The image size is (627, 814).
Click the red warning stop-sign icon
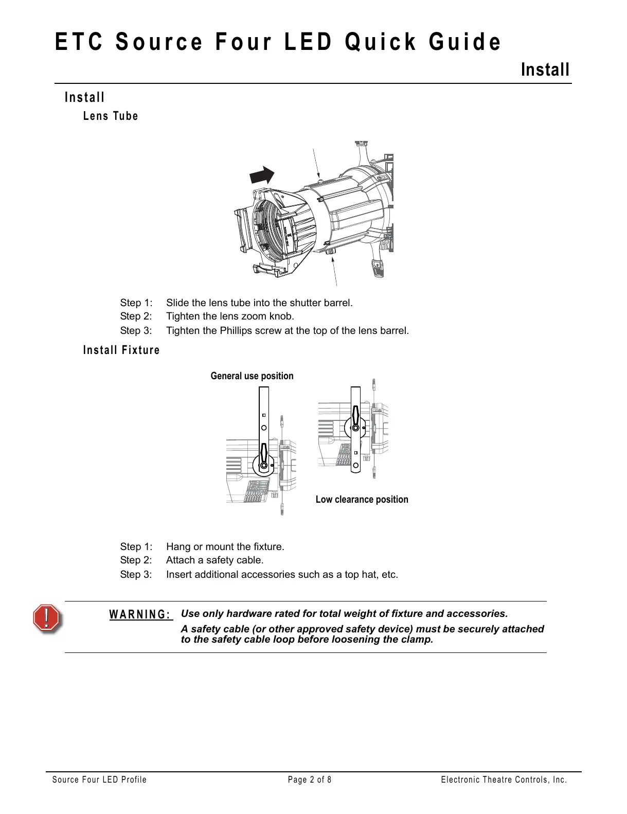[x=47, y=617]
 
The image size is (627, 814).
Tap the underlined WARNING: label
[x=140, y=615]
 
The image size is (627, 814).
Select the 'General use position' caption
[x=252, y=376]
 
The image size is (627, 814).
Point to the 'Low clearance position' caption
[x=362, y=500]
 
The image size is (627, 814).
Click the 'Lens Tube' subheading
[x=111, y=116]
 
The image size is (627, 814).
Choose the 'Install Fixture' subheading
[x=121, y=350]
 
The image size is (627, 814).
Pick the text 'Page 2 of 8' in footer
[x=310, y=780]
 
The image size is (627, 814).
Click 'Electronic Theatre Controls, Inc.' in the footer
[x=504, y=780]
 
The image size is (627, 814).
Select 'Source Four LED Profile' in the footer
[x=99, y=780]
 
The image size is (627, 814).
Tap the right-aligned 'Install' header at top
[x=545, y=69]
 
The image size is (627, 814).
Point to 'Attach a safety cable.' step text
[x=214, y=560]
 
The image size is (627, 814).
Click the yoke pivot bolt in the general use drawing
[x=263, y=465]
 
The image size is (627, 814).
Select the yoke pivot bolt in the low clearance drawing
[x=355, y=427]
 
